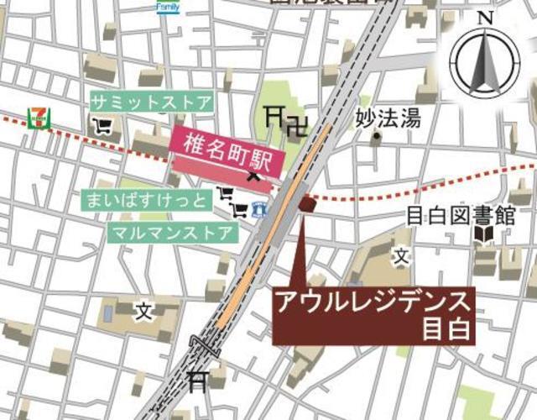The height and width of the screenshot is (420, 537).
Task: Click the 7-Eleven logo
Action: tap(37, 117)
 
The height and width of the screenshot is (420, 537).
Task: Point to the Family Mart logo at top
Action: tap(168, 6)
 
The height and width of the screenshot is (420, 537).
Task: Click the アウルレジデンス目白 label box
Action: tap(375, 315)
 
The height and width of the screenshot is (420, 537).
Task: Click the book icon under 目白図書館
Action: tap(484, 235)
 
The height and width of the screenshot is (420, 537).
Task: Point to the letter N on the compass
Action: tap(484, 17)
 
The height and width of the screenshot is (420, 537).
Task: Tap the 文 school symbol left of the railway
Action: tap(144, 312)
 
